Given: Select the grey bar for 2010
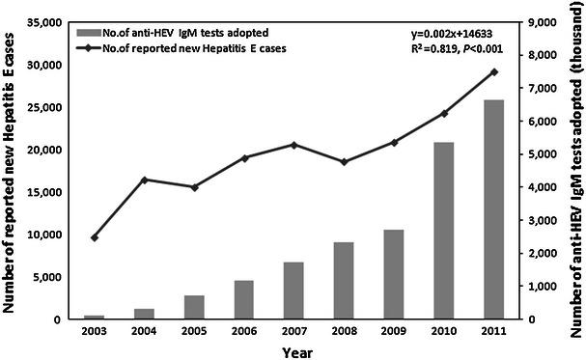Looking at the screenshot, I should tap(445, 231).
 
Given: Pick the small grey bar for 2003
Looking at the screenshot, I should tap(95, 317).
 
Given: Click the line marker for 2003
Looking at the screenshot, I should tap(95, 237).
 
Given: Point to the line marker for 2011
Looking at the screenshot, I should tap(495, 71).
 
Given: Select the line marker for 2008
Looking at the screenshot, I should tap(345, 162).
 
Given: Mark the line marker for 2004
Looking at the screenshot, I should tap(145, 180).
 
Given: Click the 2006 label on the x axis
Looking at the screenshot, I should tap(245, 333).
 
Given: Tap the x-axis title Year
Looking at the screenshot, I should tap(294, 351).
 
